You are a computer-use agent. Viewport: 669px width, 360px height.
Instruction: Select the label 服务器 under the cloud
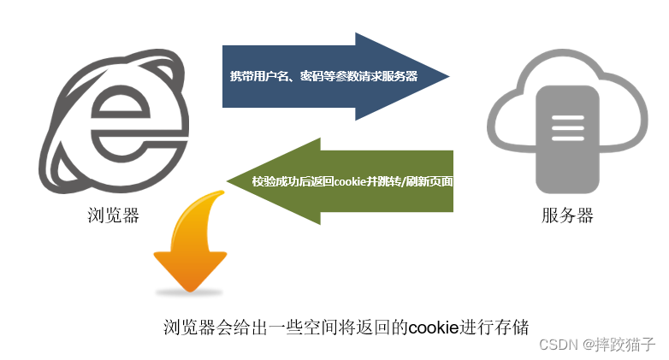coord(567,215)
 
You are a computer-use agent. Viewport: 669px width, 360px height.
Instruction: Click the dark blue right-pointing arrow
coord(334,76)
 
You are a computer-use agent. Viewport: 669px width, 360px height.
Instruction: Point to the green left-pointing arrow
coord(342,180)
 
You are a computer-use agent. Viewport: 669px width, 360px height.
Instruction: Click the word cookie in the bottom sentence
coord(434,328)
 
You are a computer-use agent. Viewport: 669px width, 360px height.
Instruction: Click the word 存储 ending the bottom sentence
coord(514,328)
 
